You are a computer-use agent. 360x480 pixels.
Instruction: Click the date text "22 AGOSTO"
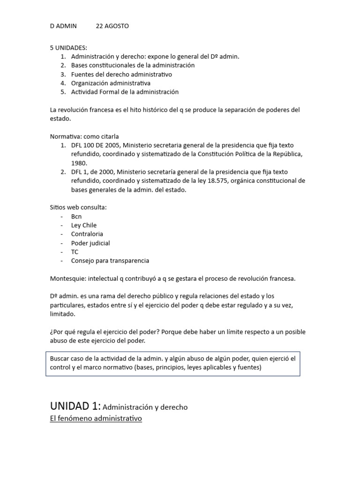point(112,26)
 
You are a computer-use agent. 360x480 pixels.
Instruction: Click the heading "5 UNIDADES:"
point(68,48)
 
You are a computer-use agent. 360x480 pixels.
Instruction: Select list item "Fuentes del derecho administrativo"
point(121,74)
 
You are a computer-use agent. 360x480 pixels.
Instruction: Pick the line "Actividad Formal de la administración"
point(125,92)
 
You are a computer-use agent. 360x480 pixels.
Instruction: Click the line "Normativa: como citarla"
point(84,136)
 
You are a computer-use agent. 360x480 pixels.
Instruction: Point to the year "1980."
point(79,163)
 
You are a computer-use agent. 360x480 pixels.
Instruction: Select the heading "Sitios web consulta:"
point(78,207)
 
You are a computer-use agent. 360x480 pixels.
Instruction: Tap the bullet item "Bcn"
point(76,217)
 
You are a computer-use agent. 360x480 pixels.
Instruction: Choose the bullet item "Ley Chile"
point(84,225)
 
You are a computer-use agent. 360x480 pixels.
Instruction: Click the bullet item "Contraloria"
point(87,234)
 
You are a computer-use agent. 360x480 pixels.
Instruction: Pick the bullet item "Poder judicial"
point(90,243)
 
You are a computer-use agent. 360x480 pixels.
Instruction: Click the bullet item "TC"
point(75,252)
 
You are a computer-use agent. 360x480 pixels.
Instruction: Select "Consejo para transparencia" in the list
point(110,261)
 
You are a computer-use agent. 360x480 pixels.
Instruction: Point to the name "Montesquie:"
point(68,278)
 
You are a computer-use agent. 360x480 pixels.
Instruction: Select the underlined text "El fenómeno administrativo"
point(96,418)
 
